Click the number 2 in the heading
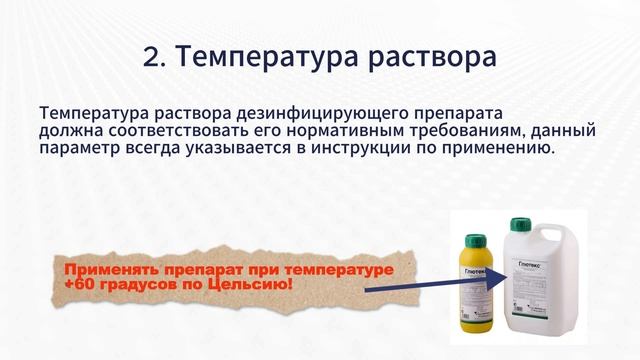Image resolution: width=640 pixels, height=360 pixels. coord(151,57)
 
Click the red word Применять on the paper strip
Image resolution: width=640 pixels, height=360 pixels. coord(109,271)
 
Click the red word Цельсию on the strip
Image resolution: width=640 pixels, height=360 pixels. coord(260,285)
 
